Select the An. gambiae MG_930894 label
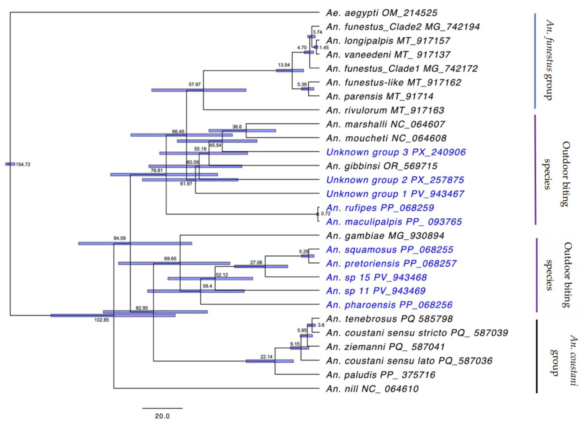tap(385, 236)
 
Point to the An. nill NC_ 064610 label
tap(372, 389)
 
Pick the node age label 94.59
tap(120, 238)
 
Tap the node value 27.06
tap(256, 263)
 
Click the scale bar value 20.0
tap(162, 416)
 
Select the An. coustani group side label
tap(564, 360)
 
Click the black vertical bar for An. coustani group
tap(537, 356)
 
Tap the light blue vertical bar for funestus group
tap(535, 61)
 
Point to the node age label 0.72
tap(326, 214)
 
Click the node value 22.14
tap(266, 357)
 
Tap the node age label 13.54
tap(284, 65)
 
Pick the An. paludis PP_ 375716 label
tap(380, 375)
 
